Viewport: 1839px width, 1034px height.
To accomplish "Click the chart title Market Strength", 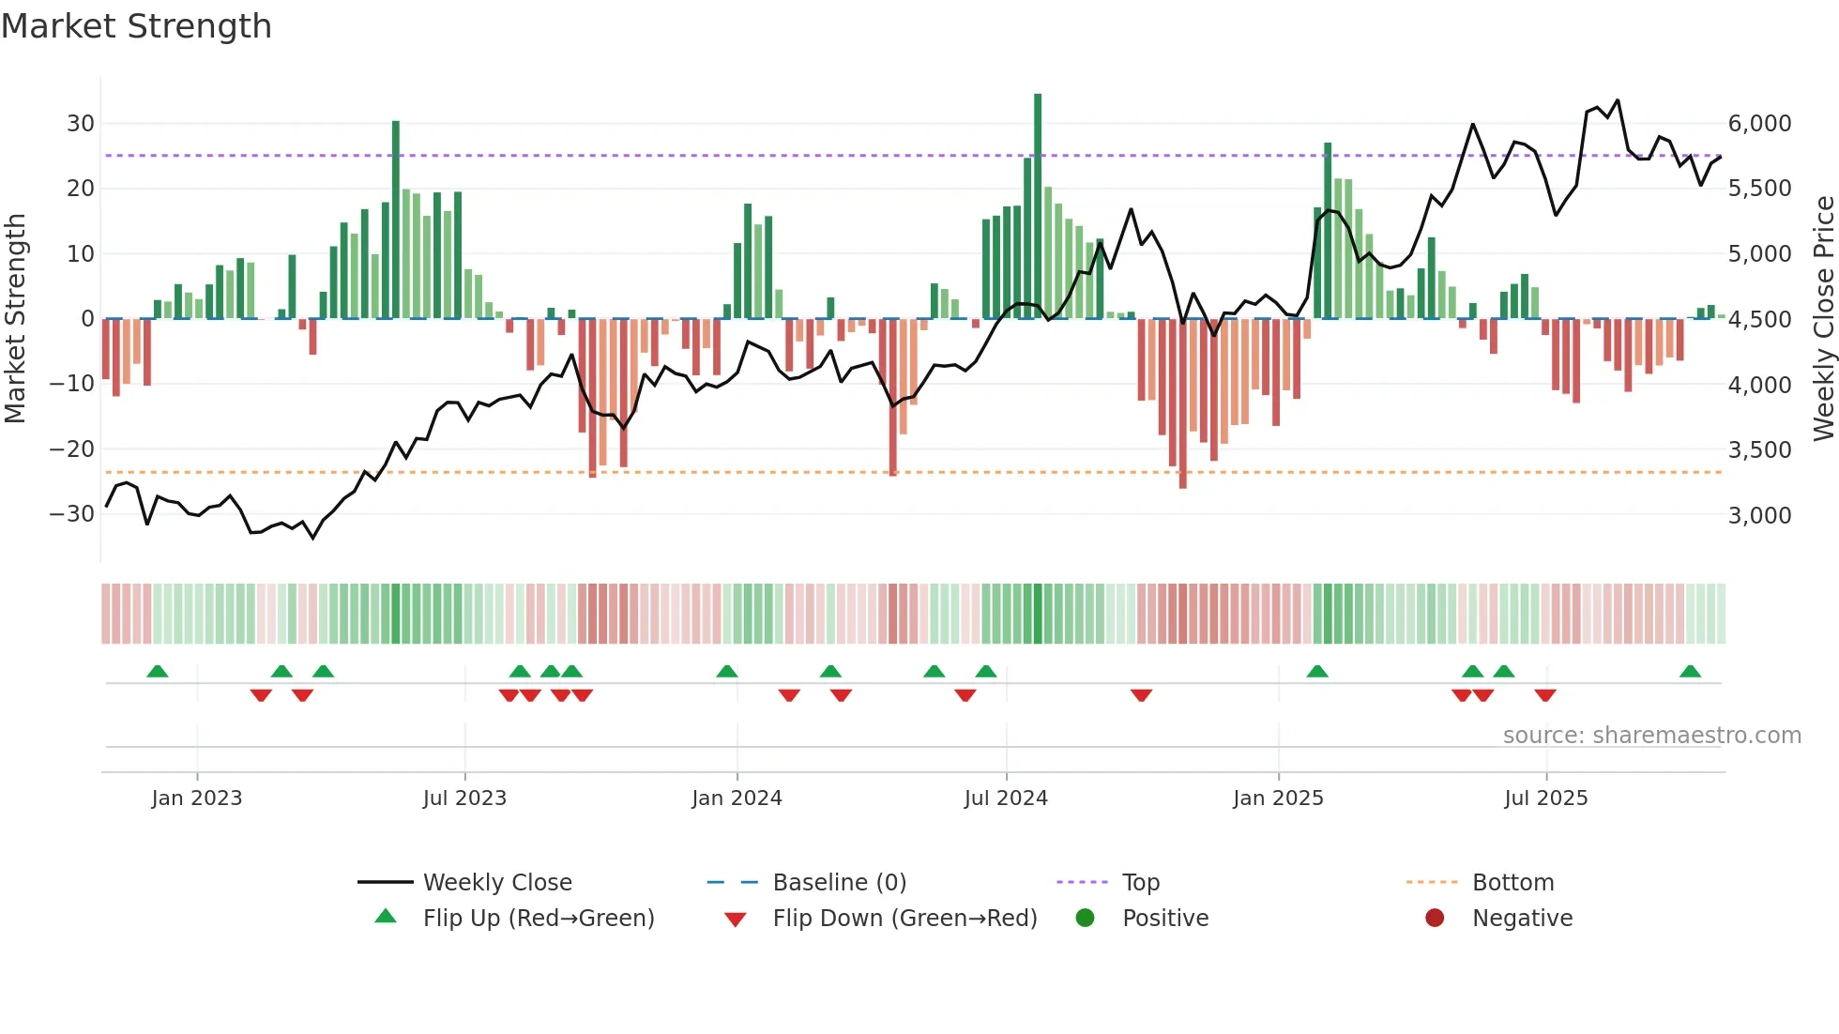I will tap(137, 26).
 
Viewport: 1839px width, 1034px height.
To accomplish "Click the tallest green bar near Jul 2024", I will tap(1038, 206).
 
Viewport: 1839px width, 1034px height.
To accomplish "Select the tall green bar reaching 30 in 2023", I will tap(396, 220).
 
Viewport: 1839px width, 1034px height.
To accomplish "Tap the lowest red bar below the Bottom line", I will tap(1183, 403).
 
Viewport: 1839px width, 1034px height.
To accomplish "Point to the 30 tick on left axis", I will tap(81, 124).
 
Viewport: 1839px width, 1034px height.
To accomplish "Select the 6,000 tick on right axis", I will tap(1759, 124).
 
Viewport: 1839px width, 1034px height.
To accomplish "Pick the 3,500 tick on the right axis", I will tap(1759, 450).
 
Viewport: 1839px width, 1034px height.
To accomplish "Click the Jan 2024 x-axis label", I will tap(737, 798).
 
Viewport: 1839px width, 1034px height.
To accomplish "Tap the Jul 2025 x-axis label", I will tap(1545, 798).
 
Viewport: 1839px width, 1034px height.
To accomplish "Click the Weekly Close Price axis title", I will tap(1823, 319).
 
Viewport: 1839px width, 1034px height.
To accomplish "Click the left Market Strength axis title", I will tap(15, 319).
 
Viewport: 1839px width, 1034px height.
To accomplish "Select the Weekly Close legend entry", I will tap(497, 883).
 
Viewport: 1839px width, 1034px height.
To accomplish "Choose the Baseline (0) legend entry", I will tap(839, 883).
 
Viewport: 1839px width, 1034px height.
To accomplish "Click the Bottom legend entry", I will tap(1512, 883).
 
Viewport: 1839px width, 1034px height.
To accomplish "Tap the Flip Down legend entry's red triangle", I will tap(736, 920).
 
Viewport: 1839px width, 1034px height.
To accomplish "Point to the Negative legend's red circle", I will tap(1435, 919).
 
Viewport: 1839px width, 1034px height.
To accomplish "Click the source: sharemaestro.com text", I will tap(1651, 736).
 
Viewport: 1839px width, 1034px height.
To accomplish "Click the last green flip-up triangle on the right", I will tap(1690, 672).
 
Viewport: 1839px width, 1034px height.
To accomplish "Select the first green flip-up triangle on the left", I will tap(158, 672).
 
